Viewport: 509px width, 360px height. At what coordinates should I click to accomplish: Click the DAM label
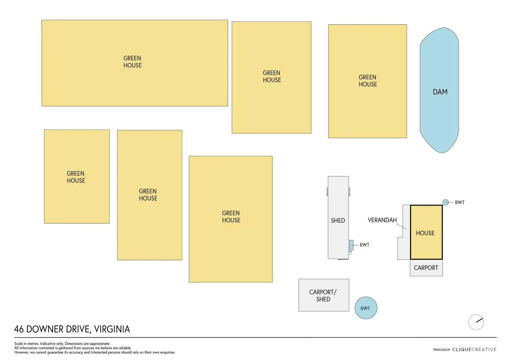tap(440, 92)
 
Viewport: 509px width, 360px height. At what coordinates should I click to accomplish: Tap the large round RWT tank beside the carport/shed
tap(366, 308)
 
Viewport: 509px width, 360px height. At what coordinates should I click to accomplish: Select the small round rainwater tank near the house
tap(446, 202)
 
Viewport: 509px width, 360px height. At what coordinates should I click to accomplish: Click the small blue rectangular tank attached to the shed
tap(351, 245)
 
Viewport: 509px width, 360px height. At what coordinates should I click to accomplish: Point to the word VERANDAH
tap(382, 220)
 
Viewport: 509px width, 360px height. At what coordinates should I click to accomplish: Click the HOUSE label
tap(425, 233)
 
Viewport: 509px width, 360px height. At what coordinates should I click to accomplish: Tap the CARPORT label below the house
tap(426, 268)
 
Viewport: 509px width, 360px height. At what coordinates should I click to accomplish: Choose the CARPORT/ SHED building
tap(324, 295)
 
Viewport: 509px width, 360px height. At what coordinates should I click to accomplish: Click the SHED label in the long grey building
tap(338, 220)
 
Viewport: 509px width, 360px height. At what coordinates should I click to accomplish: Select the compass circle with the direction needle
tap(476, 322)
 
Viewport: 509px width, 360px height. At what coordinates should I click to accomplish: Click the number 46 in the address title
tap(19, 329)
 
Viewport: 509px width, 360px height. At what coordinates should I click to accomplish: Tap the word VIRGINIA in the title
tap(112, 329)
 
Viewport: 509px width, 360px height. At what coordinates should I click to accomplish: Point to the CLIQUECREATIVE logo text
tap(474, 350)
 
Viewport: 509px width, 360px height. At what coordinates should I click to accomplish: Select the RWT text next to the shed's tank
tap(364, 245)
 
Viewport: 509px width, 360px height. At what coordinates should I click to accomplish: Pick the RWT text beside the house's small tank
tap(460, 203)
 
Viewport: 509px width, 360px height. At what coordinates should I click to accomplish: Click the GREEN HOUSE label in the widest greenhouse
tap(132, 62)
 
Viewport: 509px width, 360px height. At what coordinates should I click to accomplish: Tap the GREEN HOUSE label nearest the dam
tap(368, 81)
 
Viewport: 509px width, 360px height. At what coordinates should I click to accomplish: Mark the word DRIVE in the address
tap(77, 329)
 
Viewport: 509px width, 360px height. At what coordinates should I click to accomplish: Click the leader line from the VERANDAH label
tap(401, 227)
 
